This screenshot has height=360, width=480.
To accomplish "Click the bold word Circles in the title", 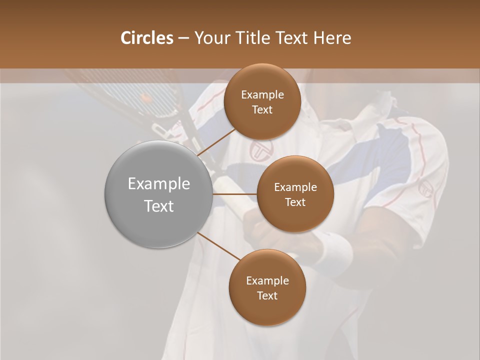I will click(x=146, y=38).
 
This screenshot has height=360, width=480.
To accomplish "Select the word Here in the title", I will click(x=332, y=38).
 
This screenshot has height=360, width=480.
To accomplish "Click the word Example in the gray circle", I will click(x=159, y=184).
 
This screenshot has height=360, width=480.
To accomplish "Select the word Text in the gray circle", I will click(x=159, y=205).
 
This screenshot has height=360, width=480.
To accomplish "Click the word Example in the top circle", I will click(x=262, y=94).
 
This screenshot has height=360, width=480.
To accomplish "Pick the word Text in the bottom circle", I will click(x=267, y=295).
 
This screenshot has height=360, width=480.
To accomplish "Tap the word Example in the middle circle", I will click(x=295, y=187).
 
